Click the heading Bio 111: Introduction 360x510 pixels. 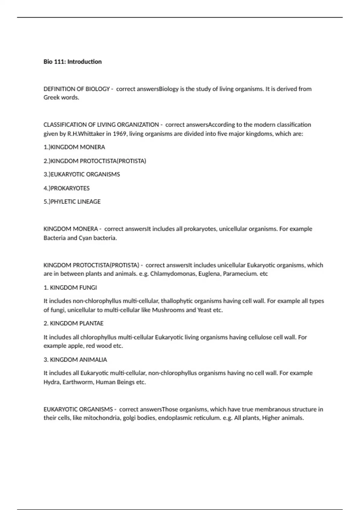coord(73,62)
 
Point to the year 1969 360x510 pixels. coord(119,134)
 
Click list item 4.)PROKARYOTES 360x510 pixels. coord(67,188)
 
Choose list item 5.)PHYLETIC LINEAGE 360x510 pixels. coord(72,202)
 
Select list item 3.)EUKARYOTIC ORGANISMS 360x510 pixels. coord(82,174)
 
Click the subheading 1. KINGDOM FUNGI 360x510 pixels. coord(70,288)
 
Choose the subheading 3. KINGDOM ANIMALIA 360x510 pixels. coord(75,360)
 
